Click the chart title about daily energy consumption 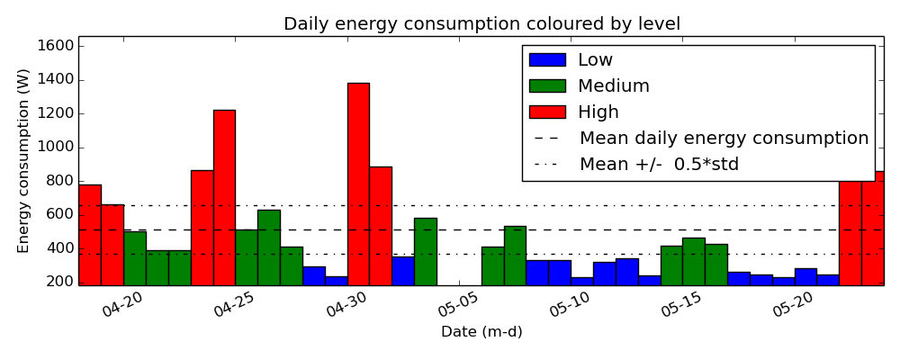tap(482, 23)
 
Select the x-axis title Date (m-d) tap(481, 331)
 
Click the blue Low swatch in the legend tap(547, 59)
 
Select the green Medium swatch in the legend tap(547, 85)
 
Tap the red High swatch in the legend tap(547, 112)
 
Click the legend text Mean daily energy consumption tap(724, 139)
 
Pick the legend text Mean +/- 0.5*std tap(659, 164)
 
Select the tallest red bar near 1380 tap(358, 184)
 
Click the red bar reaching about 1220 tap(224, 197)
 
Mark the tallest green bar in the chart tap(269, 247)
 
